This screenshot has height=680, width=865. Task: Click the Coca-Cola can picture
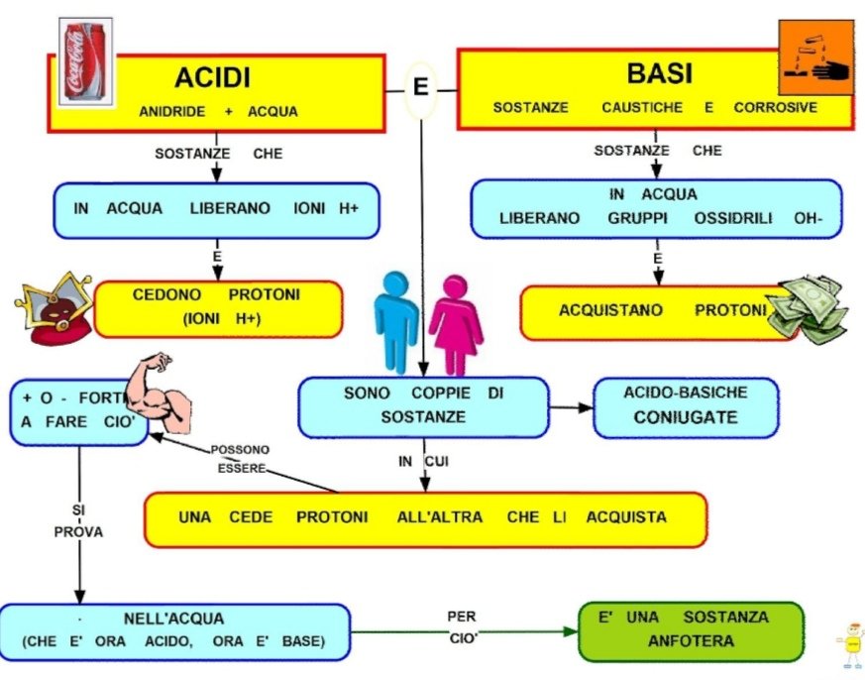(86, 61)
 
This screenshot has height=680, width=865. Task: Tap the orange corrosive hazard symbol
(815, 57)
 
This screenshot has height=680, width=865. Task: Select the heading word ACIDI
(212, 77)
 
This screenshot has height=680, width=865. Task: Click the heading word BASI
(659, 73)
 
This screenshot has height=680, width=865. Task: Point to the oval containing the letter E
(421, 87)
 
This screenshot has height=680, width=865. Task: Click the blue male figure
(396, 319)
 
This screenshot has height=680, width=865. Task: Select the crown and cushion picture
(55, 308)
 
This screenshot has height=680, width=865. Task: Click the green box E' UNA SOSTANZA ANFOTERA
(691, 629)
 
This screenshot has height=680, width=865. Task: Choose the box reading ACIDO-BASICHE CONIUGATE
(686, 405)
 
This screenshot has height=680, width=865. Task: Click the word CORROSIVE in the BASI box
(776, 107)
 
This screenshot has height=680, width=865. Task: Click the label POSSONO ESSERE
(241, 458)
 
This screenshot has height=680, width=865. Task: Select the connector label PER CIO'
(462, 626)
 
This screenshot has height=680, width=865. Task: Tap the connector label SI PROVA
(77, 520)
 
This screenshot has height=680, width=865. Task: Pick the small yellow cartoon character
(849, 644)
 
